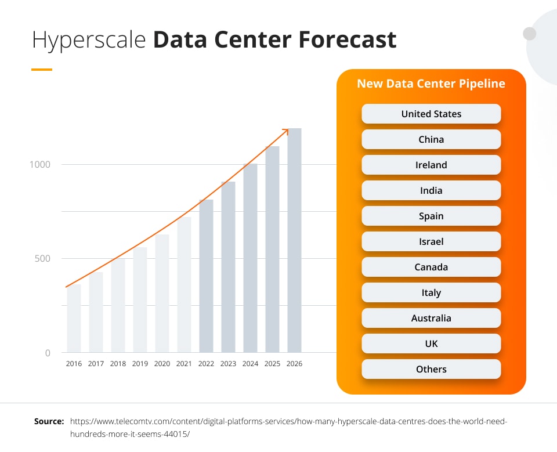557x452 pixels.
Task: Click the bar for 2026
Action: (294, 240)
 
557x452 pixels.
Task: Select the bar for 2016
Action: (74, 318)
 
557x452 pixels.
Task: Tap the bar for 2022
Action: (206, 276)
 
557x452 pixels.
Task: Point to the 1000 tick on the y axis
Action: (40, 164)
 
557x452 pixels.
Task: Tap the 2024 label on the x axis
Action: (250, 364)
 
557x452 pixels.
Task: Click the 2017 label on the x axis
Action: (96, 364)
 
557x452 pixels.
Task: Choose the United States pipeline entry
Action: (431, 114)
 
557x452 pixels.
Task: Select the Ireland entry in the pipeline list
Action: (431, 165)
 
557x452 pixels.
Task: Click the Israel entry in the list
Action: (431, 241)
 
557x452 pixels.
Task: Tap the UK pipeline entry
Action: (431, 343)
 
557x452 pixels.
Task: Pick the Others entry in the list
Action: (431, 369)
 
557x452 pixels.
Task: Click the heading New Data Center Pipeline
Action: (431, 84)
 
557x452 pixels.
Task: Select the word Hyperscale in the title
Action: (89, 40)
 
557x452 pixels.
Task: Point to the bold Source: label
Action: (49, 421)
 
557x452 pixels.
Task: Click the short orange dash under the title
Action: (42, 70)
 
